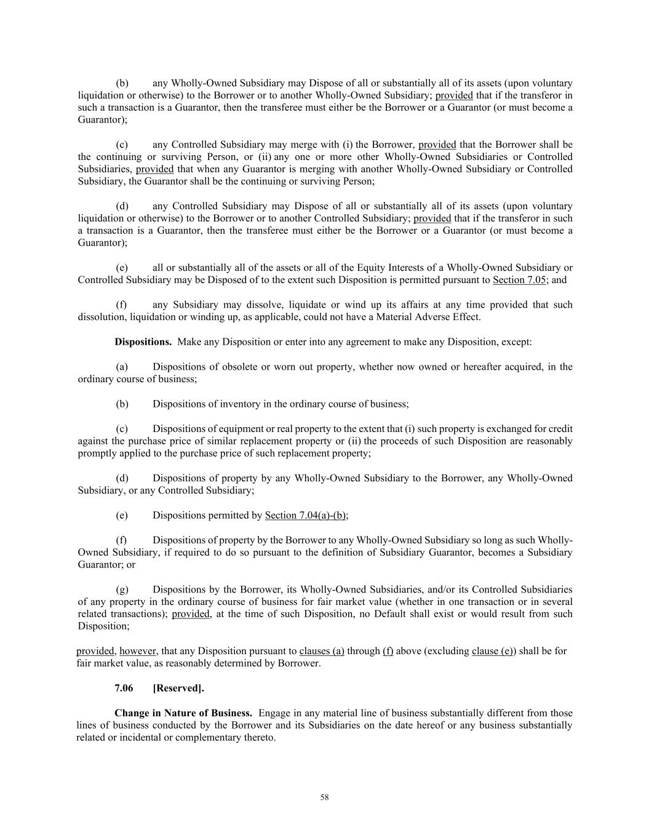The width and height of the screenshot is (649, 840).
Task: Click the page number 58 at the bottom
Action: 325,798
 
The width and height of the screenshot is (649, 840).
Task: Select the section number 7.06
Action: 124,688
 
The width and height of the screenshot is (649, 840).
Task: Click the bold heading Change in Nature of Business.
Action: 183,713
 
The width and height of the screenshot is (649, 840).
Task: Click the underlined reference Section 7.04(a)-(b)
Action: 306,515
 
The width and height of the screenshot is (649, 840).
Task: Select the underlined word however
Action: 138,650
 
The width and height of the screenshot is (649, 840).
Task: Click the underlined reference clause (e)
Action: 493,650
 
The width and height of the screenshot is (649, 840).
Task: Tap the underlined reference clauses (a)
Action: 322,650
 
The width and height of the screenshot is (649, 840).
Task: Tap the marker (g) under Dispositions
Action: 122,589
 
